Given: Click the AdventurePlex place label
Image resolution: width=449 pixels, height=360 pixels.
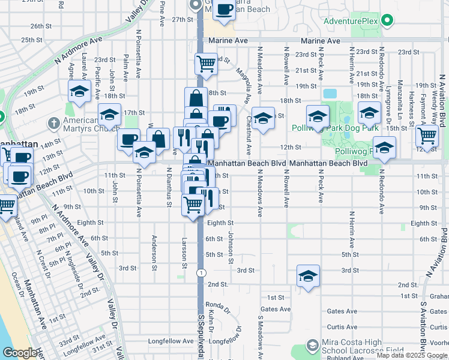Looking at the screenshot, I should [352, 22].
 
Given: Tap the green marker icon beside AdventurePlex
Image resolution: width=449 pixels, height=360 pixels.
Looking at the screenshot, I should [388, 22].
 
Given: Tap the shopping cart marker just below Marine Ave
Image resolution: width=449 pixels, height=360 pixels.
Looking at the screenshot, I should [206, 63].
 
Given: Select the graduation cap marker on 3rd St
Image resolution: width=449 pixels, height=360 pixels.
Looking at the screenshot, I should [308, 277].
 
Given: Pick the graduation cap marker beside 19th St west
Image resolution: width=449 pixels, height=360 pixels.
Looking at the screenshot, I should [79, 92].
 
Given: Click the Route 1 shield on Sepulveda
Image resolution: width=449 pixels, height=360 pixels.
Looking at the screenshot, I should [199, 272].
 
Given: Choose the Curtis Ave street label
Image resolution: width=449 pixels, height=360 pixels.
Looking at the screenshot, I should [343, 327].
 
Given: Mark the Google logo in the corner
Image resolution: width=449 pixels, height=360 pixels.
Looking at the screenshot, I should [20, 353].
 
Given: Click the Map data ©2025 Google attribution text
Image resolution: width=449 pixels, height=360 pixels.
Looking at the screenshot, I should [411, 355].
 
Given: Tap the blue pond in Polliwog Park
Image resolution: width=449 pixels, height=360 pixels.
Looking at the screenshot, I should [330, 94].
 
